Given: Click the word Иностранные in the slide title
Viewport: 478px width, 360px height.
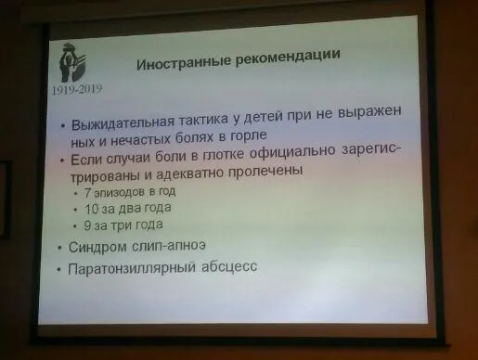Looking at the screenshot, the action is (184, 62).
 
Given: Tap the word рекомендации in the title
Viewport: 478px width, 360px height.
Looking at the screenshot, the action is (288, 57).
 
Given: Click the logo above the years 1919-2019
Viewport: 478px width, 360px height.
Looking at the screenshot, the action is (72, 63).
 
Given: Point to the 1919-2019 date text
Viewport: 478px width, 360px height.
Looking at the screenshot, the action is (77, 90).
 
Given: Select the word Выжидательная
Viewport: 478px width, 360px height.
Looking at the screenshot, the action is (123, 122).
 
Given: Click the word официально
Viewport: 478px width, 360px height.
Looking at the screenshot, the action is (292, 151).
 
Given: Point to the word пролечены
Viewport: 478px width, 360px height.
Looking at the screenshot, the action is (265, 171).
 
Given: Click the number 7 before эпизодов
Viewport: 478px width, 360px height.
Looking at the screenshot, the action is (87, 193).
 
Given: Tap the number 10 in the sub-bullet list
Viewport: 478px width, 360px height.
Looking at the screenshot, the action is (92, 210).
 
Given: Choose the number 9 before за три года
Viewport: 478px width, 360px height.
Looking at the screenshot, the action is (87, 225).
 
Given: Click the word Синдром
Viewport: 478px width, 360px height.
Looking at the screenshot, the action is (98, 248).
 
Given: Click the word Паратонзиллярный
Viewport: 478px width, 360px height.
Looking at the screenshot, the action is (132, 268).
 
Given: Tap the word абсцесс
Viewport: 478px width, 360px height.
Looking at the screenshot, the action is (229, 267).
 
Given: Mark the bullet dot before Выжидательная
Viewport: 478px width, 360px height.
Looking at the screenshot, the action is (63, 126).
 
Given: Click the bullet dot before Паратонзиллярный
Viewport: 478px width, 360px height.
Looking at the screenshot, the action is (58, 270).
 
